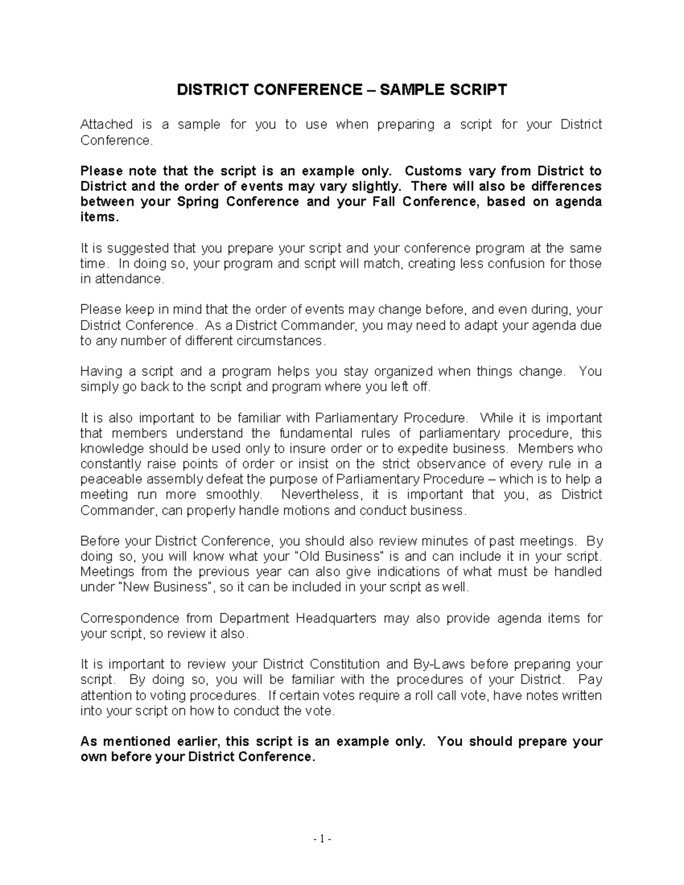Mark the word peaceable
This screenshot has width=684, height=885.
pos(107,479)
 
